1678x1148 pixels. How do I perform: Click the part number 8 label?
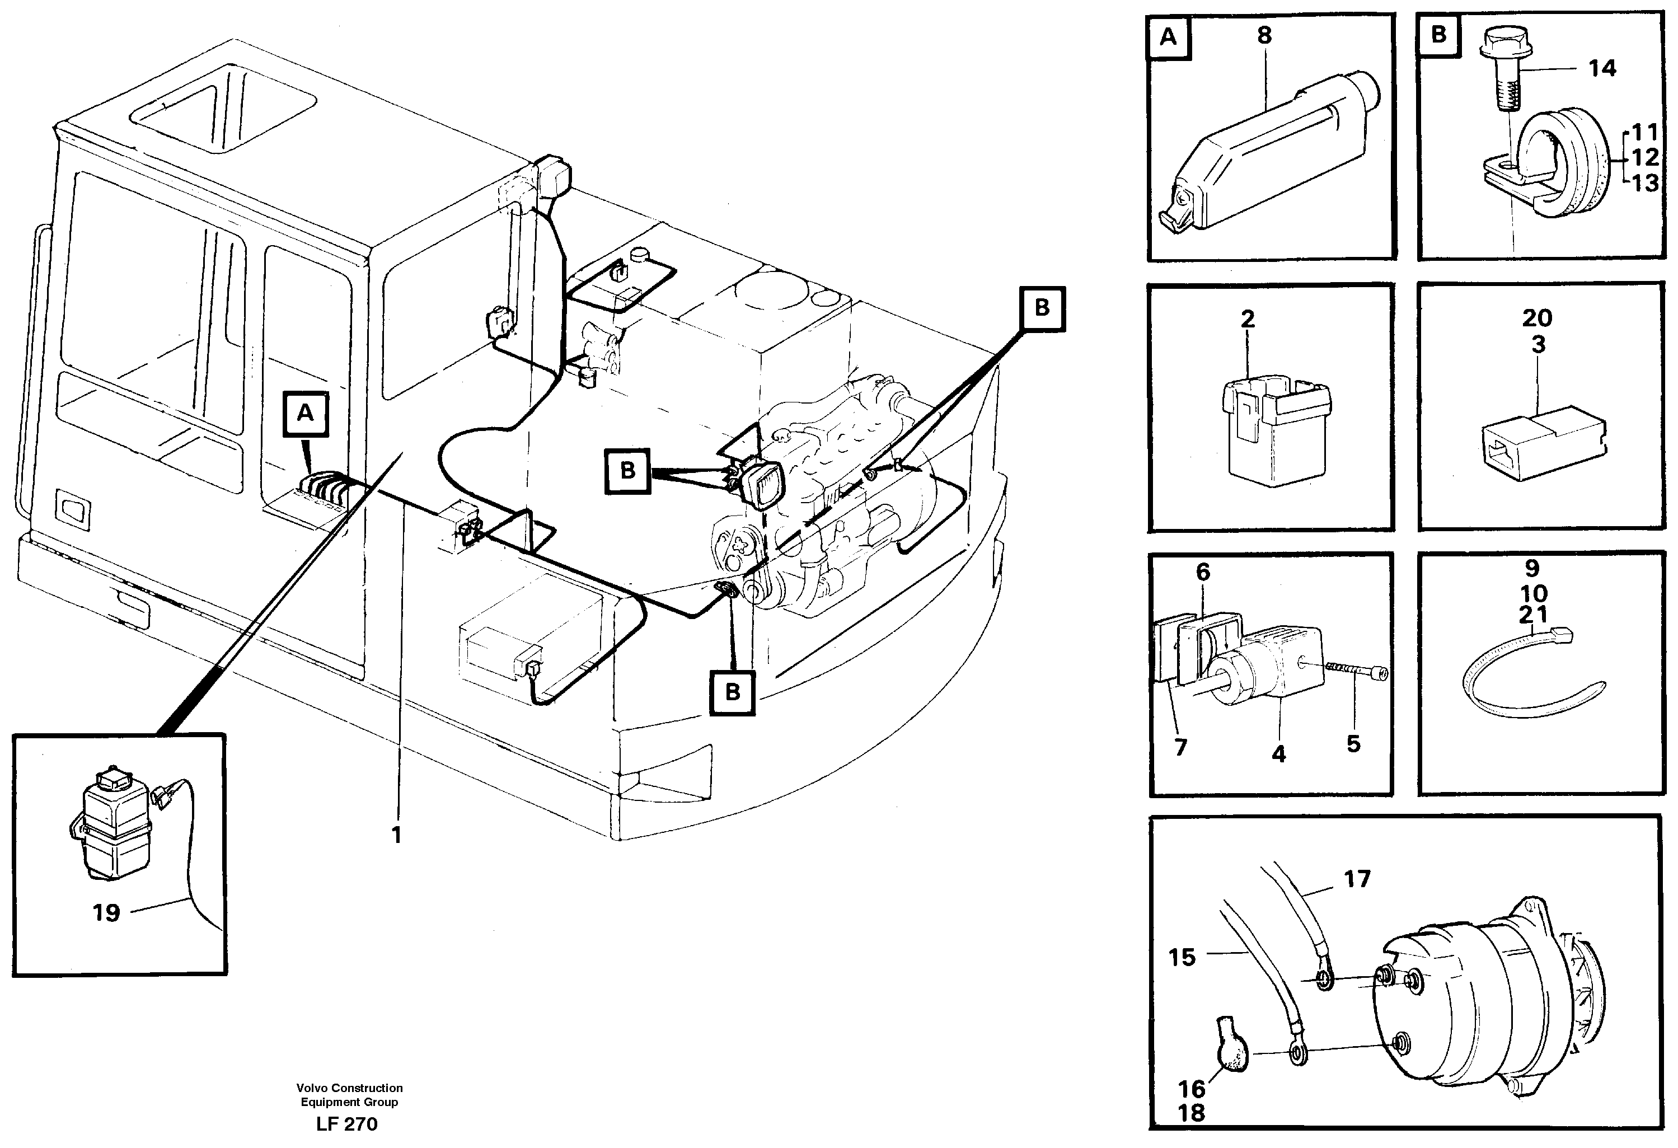[x=1264, y=35]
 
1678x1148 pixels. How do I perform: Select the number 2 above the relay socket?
[x=1248, y=319]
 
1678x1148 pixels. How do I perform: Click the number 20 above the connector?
[x=1537, y=318]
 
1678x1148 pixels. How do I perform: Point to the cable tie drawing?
[x=1524, y=675]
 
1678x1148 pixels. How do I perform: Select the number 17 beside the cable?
[x=1357, y=879]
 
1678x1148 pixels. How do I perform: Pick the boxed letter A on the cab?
[x=306, y=414]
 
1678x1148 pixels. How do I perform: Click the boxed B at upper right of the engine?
[x=1042, y=308]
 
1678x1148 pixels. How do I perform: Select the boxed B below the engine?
[x=732, y=692]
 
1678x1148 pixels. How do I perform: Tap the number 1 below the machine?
[x=396, y=835]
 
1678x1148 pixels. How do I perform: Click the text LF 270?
[x=346, y=1124]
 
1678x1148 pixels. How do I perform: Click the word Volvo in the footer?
[x=312, y=1088]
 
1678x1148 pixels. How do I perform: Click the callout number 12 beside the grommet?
[x=1646, y=157]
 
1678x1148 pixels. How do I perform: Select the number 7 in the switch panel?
[x=1180, y=748]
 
